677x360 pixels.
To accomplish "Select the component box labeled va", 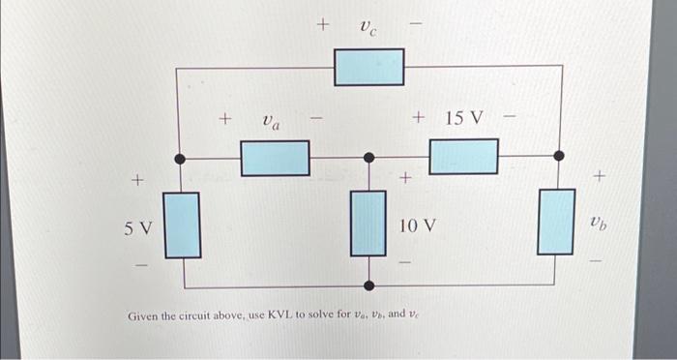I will (275, 157).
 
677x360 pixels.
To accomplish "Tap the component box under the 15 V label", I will (463, 156).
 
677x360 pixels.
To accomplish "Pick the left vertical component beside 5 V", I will (181, 225).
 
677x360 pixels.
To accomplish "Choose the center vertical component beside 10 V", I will (368, 223).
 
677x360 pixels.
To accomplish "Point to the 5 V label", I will (138, 228).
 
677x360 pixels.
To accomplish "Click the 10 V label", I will (417, 225).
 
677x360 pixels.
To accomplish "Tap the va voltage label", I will (272, 123).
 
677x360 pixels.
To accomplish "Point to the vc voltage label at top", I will (368, 27).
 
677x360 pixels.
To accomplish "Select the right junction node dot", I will (557, 155).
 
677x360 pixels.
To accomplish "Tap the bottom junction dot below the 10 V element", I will (368, 285).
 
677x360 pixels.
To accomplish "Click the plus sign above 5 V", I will (137, 180).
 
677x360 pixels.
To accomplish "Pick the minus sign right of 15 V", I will (512, 121).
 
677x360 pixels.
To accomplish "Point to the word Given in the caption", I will (144, 316).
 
